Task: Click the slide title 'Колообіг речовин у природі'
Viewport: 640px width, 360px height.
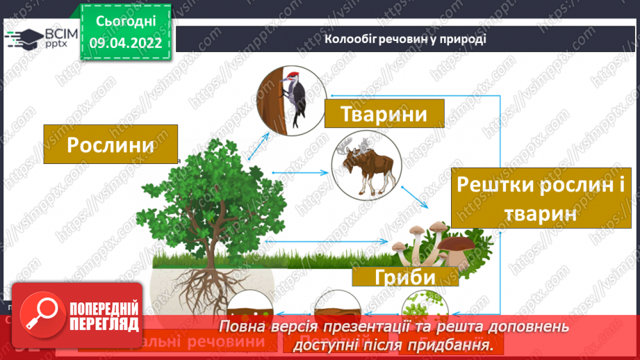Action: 405,39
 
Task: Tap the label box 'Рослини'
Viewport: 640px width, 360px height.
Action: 110,145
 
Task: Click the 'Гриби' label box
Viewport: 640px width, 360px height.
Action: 404,276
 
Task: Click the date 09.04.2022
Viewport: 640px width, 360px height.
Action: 125,43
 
